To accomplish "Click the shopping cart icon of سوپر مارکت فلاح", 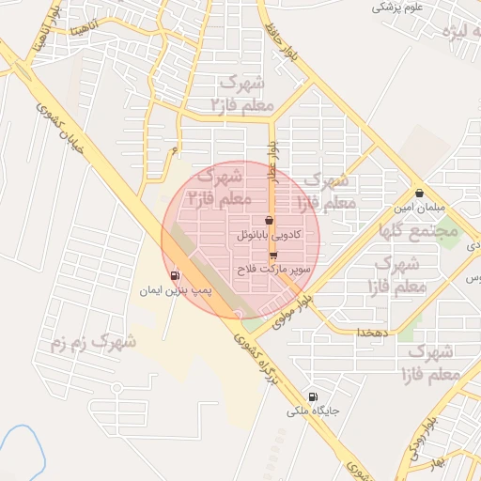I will (x=273, y=254).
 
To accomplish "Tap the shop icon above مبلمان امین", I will (x=419, y=193).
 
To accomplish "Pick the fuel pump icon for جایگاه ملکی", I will (x=313, y=396).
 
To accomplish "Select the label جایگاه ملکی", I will (x=313, y=411).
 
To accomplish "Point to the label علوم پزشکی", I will (x=395, y=7).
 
